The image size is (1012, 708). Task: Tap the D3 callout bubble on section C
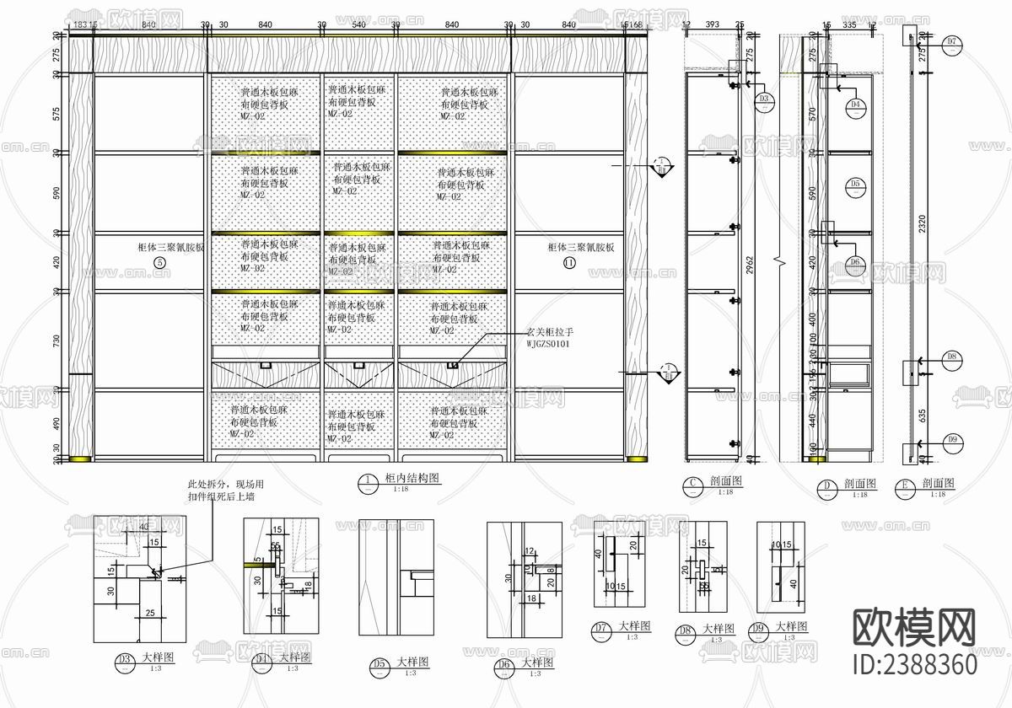click(x=765, y=99)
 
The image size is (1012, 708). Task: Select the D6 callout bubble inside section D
click(x=855, y=263)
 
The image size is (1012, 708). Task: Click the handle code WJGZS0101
click(x=548, y=344)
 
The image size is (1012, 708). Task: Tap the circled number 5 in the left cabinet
click(x=160, y=262)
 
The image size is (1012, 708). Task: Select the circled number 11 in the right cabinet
click(x=569, y=262)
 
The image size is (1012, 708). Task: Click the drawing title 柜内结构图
click(x=412, y=478)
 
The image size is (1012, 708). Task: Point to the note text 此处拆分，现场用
click(x=225, y=485)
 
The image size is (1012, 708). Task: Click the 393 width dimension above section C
click(x=713, y=26)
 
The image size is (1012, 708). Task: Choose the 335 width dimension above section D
click(x=848, y=26)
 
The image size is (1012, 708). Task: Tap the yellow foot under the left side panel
click(x=81, y=459)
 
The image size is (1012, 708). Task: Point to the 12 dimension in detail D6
click(x=529, y=551)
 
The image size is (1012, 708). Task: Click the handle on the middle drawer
click(x=358, y=364)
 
